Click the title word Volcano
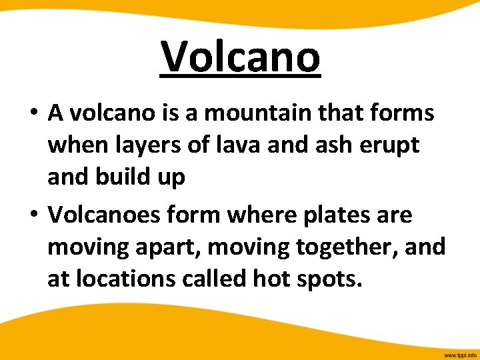coord(241,57)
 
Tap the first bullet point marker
coord(33,114)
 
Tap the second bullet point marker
coord(33,216)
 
